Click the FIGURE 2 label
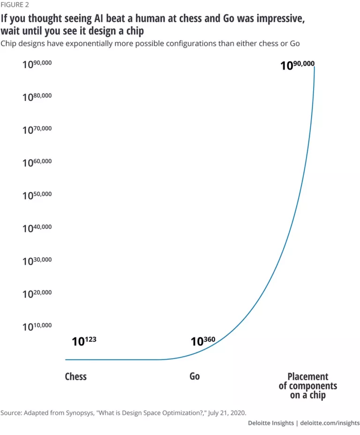coord(15,5)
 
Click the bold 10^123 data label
coord(84,341)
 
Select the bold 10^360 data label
coord(203,341)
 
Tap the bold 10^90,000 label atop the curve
coord(297,65)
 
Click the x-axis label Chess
coord(75,376)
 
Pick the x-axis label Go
coord(195,376)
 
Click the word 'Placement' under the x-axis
coord(307,376)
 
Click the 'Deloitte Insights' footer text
coord(270,423)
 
